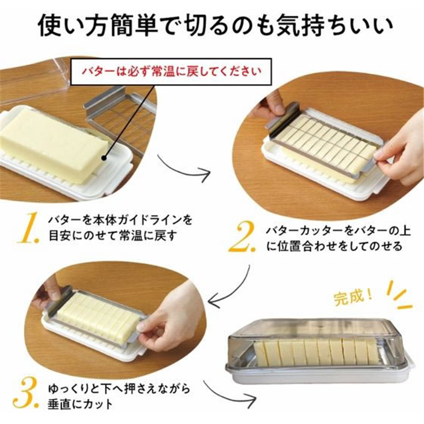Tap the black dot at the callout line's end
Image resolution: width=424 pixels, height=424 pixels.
point(107,157)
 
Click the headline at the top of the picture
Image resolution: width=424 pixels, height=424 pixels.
point(212,25)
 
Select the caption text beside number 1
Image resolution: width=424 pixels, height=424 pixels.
point(119,226)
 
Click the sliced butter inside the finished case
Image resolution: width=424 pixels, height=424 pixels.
point(313,352)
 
